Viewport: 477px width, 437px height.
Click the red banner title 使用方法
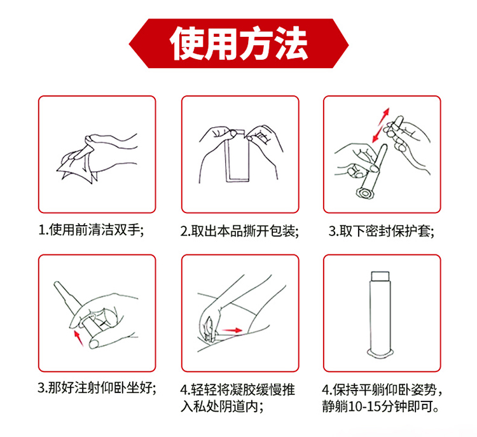(x=238, y=43)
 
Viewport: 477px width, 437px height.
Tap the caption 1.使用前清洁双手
(x=91, y=230)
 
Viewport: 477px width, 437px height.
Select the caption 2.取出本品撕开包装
(x=239, y=231)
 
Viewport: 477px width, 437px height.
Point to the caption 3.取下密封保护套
(x=381, y=231)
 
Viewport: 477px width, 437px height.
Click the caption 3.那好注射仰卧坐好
(x=97, y=387)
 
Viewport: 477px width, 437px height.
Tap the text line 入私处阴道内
(x=222, y=406)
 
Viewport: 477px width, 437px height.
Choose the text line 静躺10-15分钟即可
(x=381, y=406)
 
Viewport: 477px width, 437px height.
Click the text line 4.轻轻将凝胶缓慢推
(x=238, y=389)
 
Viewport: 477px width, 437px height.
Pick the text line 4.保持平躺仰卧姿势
(x=382, y=389)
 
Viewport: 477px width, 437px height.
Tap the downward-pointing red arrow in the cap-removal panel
(x=377, y=134)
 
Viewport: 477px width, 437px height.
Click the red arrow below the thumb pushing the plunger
(x=79, y=338)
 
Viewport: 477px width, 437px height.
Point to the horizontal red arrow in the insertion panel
(x=232, y=331)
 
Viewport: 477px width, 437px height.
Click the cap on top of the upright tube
(x=380, y=276)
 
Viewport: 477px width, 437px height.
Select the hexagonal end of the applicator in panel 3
(x=364, y=193)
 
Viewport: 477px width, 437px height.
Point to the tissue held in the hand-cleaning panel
(x=78, y=167)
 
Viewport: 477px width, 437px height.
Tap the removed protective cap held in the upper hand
(x=396, y=124)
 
